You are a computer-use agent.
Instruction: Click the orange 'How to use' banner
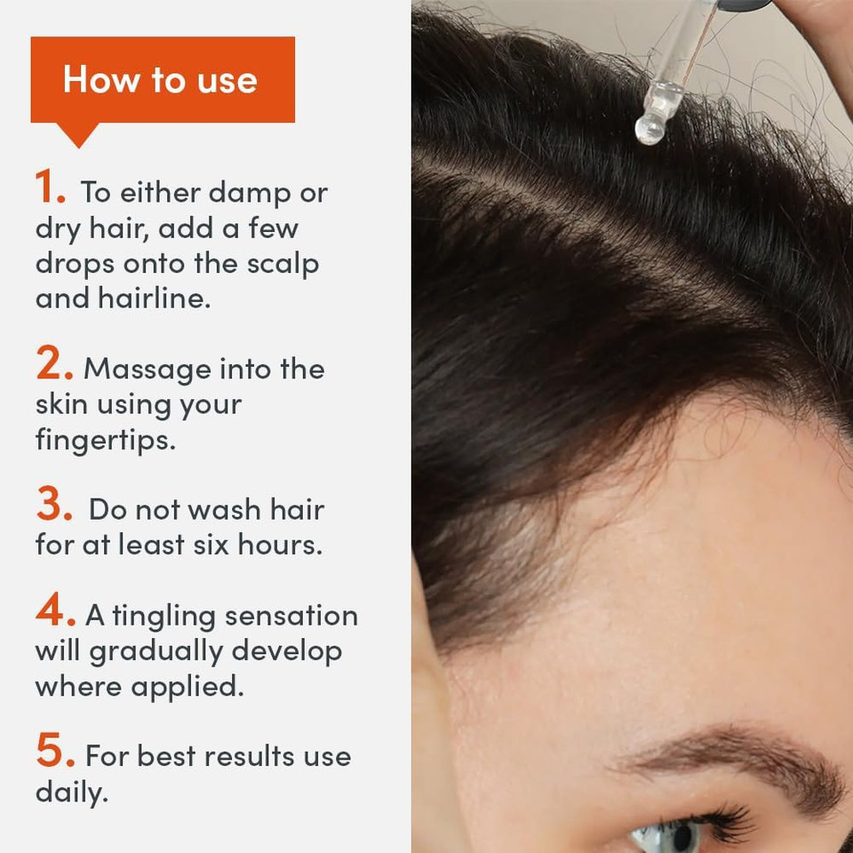point(162,80)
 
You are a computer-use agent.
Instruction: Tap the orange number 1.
point(50,188)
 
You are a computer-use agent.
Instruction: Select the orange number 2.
point(53,364)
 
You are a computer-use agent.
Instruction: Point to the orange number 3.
point(53,506)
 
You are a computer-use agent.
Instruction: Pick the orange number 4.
point(54,611)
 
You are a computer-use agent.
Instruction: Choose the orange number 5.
point(54,753)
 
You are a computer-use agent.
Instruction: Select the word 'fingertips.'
point(105,440)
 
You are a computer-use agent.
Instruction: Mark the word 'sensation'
point(291,616)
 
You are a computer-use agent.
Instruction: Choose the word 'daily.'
point(71,792)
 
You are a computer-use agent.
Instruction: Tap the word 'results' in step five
point(242,757)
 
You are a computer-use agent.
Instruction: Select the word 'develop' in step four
point(286,651)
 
